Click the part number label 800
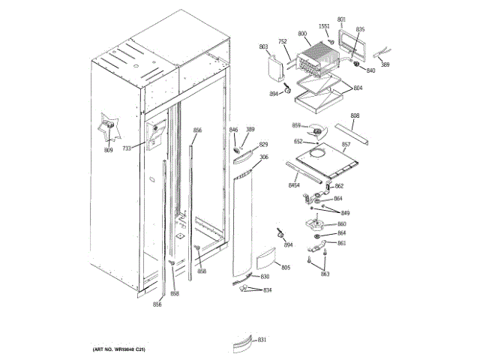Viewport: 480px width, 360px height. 302,34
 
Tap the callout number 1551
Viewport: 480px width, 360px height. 324,27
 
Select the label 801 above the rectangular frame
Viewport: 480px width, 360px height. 342,19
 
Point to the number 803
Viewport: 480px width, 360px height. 264,47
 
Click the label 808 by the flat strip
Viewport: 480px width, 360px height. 355,115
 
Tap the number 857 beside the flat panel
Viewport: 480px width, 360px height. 346,144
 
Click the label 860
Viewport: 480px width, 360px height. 342,224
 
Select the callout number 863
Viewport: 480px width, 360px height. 325,274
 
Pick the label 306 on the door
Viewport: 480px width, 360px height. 263,157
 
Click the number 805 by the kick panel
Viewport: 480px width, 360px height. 285,268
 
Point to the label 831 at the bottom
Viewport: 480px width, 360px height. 262,340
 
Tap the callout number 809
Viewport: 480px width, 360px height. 108,151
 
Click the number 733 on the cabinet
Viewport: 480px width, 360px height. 127,148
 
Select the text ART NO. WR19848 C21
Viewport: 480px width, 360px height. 118,351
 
